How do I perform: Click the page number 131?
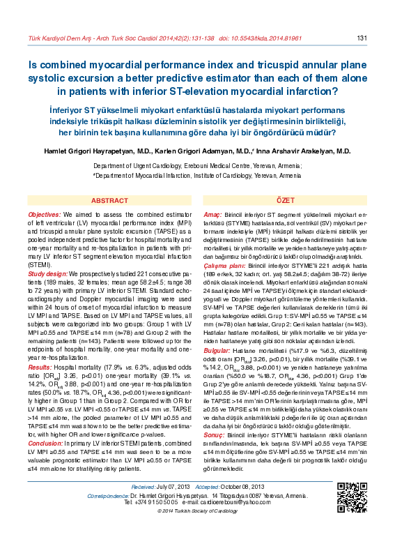[x=362, y=38]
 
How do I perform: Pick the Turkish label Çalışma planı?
[x=224, y=266]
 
